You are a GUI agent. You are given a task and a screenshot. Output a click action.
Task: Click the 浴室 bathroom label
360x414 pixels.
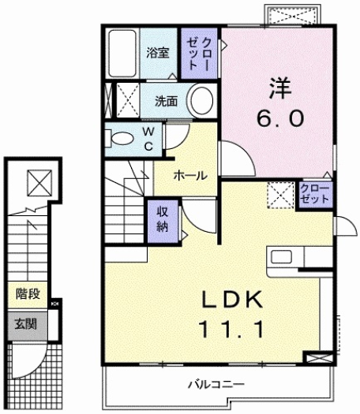pyautogui.click(x=159, y=53)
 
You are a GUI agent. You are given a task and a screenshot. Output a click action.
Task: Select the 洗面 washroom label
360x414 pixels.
pyautogui.click(x=166, y=101)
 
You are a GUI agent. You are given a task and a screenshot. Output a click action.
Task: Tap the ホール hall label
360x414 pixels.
pyautogui.click(x=190, y=175)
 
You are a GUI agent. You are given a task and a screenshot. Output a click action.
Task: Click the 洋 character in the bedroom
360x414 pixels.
pyautogui.click(x=279, y=85)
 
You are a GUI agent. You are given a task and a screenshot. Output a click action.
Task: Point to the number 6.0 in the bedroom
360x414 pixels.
pyautogui.click(x=279, y=119)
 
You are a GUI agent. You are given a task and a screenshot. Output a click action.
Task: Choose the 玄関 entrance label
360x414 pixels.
pyautogui.click(x=25, y=324)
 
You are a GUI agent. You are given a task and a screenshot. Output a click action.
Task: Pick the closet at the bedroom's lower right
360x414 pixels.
pyautogui.click(x=315, y=193)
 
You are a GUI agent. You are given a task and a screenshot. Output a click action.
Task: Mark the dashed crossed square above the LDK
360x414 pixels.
pyautogui.click(x=279, y=193)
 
